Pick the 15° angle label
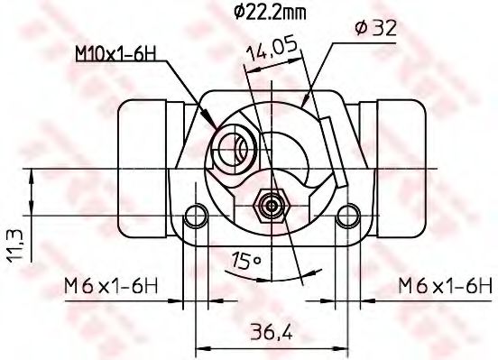[245, 262]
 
